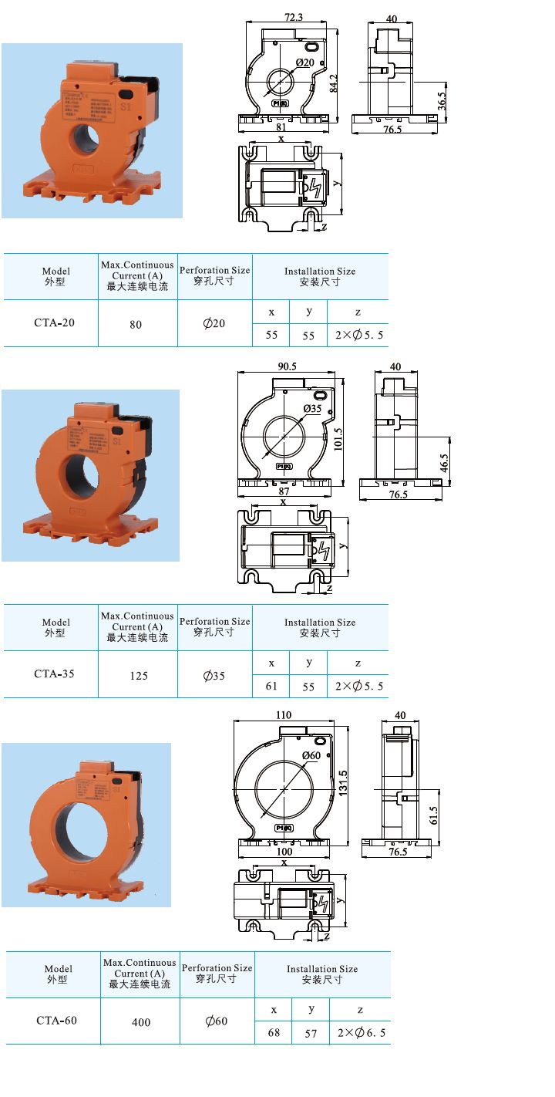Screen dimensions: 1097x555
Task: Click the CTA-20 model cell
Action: (x=54, y=323)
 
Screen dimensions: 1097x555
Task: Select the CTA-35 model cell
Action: (x=54, y=673)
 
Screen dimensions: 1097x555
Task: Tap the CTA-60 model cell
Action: (x=56, y=1021)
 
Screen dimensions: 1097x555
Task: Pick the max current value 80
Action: (x=136, y=325)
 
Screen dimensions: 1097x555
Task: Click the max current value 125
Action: (x=139, y=676)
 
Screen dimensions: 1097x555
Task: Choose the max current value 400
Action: (x=141, y=1022)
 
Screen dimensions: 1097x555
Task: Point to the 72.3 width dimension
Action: (x=293, y=16)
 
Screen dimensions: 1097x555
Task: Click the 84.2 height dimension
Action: (x=335, y=82)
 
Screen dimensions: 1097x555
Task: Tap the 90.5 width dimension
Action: (x=288, y=366)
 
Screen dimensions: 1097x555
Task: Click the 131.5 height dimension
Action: (x=343, y=785)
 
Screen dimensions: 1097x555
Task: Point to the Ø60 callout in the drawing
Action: (x=311, y=755)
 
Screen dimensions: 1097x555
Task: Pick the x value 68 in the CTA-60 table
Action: (x=274, y=1032)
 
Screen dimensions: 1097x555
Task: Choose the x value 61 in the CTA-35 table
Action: (x=271, y=686)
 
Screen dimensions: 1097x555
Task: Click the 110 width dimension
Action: (x=284, y=715)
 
